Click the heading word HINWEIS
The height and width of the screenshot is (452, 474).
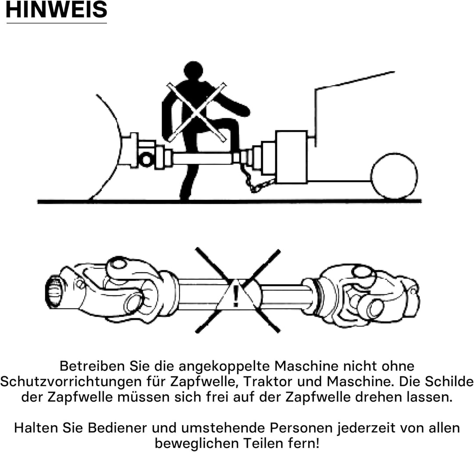pos(56,11)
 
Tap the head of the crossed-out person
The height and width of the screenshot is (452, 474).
pos(193,71)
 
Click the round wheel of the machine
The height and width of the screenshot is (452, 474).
pos(394,176)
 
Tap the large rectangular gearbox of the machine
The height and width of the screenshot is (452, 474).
pos(291,156)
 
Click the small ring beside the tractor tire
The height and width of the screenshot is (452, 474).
pos(146,159)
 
